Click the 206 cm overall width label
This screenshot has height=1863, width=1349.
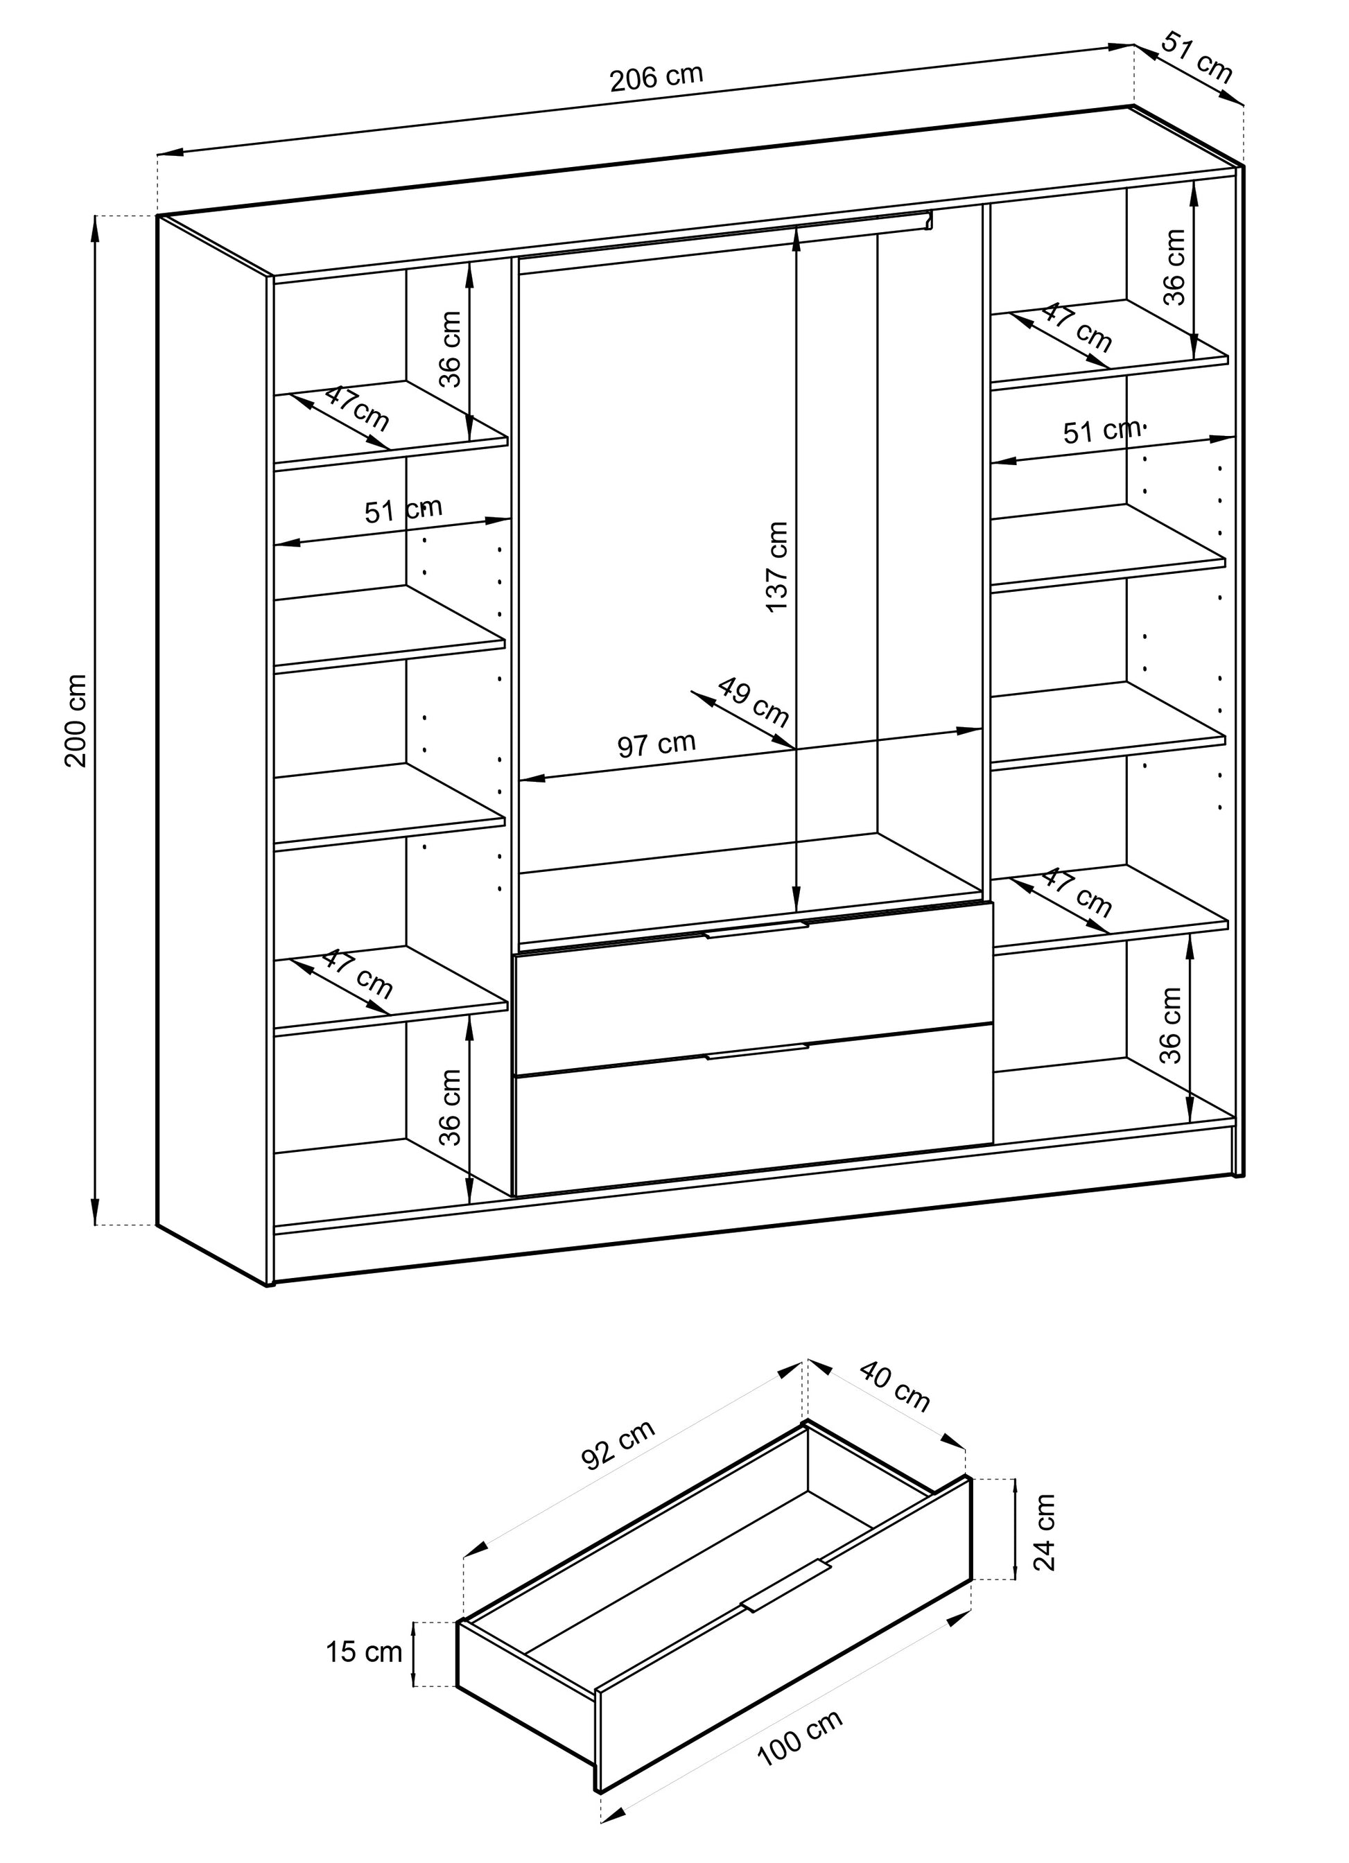(x=656, y=76)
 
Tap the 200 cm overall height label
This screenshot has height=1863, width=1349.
(x=76, y=720)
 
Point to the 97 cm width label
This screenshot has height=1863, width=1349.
(x=656, y=744)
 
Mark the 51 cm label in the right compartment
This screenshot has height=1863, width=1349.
(x=1102, y=430)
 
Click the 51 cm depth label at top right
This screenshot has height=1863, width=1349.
(x=1197, y=58)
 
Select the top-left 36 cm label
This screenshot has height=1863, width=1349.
(x=450, y=349)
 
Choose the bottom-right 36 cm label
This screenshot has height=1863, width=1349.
(x=1170, y=1026)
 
